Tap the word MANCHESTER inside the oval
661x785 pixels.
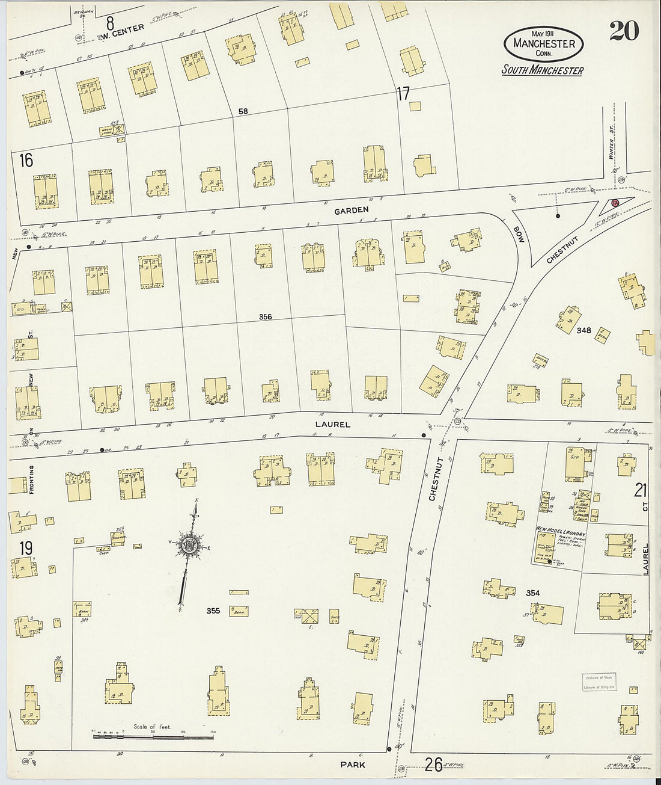point(544,43)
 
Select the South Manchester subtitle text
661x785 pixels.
point(543,70)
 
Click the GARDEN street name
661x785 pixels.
point(352,210)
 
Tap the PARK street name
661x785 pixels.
point(352,765)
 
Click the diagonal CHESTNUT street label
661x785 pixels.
point(562,250)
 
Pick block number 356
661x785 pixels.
point(265,317)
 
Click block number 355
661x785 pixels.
point(213,611)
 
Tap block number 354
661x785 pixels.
point(532,593)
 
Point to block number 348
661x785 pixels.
point(583,330)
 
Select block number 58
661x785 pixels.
point(242,111)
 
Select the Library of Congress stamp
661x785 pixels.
point(599,682)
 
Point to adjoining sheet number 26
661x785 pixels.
point(434,765)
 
